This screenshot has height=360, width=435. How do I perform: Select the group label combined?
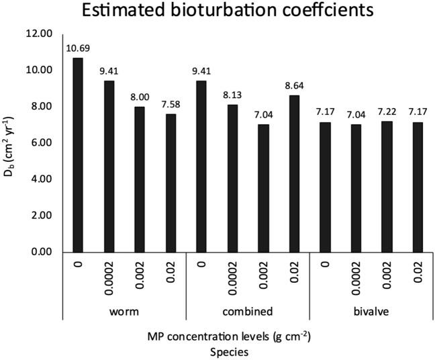point(247,312)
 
